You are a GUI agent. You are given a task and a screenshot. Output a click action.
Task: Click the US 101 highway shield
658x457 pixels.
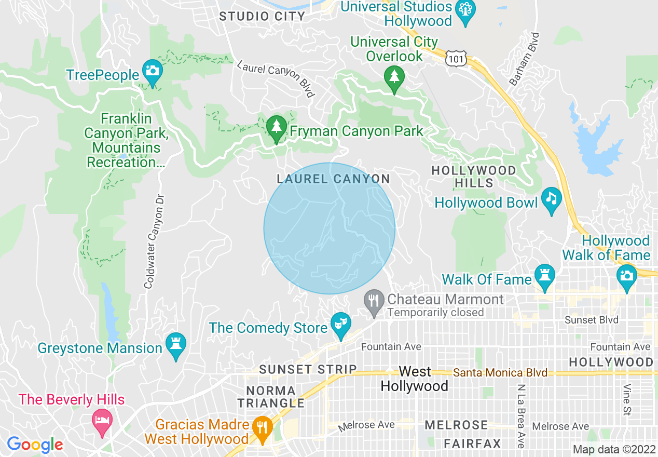point(456,58)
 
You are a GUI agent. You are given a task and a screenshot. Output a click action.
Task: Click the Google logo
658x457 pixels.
point(35,445)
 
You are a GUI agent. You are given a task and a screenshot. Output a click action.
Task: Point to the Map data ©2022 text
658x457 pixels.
point(613,449)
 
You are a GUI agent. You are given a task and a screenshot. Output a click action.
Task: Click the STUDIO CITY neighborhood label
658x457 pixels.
point(262,17)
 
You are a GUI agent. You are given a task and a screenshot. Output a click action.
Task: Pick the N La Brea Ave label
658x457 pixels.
point(520,416)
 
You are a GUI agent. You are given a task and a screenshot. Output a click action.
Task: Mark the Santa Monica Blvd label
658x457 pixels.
point(500,373)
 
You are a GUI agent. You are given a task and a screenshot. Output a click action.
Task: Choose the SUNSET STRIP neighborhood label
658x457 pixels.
point(308,370)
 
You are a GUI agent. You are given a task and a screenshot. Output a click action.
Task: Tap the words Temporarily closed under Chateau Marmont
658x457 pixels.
point(435,313)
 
